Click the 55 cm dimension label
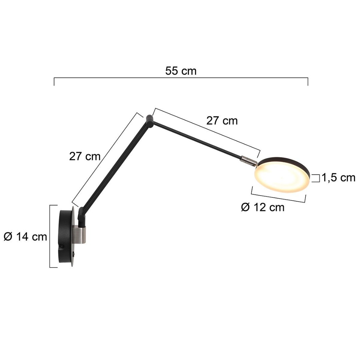click(x=181, y=71)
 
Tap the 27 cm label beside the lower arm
click(x=85, y=156)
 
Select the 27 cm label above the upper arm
click(x=222, y=121)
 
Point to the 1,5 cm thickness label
click(x=338, y=178)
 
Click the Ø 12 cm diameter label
click(x=263, y=207)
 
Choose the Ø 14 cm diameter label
click(x=25, y=236)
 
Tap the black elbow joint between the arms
click(x=149, y=121)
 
